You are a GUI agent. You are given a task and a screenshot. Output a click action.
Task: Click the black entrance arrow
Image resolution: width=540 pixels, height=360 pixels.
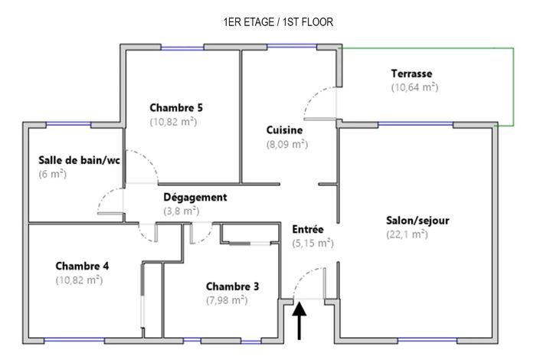pos(299,320)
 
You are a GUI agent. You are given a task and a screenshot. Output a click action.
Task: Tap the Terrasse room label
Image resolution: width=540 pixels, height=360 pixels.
pos(411,74)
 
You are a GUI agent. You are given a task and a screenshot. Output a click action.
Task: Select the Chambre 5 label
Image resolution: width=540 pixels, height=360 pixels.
pos(176,107)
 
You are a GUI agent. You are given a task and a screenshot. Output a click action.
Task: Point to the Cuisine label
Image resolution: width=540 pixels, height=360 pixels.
pos(284,130)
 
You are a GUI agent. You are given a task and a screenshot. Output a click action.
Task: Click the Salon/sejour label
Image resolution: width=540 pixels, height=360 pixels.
pos(417,221)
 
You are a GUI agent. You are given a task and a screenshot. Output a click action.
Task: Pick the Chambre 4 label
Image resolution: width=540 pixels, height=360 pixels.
pos(82,266)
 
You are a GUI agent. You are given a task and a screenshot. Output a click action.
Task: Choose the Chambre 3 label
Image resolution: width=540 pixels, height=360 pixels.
pos(232,286)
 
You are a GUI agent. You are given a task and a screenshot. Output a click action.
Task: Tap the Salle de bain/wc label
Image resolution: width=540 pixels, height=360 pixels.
pos(79,160)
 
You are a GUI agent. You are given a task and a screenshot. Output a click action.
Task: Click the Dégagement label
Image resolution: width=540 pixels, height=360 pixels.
pos(195,197)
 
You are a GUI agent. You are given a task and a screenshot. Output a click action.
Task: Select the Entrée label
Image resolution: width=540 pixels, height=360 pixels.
pos(308,229)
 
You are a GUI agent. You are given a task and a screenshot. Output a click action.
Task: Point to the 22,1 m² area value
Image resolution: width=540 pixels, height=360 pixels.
pos(407,234)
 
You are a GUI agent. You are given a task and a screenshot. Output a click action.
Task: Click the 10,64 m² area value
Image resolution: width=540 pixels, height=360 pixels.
pos(414,87)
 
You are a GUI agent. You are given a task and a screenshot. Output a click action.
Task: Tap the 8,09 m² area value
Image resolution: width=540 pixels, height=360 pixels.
pos(287,144)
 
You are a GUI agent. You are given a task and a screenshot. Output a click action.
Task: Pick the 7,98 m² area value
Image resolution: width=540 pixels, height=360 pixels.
pos(227,300)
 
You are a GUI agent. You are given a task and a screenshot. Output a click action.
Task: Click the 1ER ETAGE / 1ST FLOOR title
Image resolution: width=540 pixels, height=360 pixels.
pos(278,22)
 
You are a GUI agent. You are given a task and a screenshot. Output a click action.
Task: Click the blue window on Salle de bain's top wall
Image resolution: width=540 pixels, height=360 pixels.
pos(68,123)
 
